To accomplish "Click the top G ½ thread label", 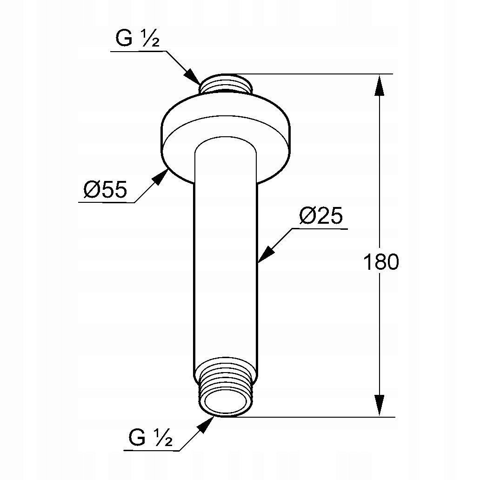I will tap(137, 40).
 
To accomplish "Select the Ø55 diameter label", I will tap(105, 191).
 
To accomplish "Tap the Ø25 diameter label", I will tap(321, 216).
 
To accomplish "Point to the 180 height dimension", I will tap(380, 263).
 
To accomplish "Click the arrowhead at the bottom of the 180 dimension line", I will tap(380, 405).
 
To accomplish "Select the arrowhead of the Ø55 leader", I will tap(161, 177).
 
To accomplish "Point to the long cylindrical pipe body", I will tap(226, 260).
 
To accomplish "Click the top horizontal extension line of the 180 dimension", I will tap(316, 74).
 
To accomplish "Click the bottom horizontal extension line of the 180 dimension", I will tap(316, 417).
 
